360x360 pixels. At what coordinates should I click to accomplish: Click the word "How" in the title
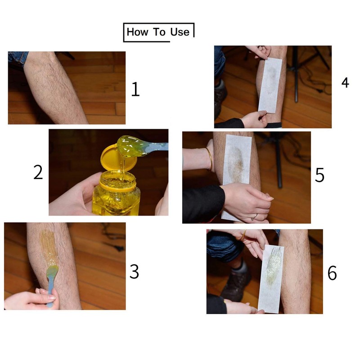pyautogui.click(x=137, y=32)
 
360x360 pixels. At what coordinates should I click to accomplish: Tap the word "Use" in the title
pyautogui.click(x=180, y=32)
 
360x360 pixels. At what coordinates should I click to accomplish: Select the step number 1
pyautogui.click(x=135, y=89)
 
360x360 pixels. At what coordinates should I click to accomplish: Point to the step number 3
pyautogui.click(x=134, y=271)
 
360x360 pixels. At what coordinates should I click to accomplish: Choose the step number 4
pyautogui.click(x=345, y=82)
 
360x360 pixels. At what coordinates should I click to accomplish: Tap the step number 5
pyautogui.click(x=319, y=175)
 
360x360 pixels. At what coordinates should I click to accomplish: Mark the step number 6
pyautogui.click(x=332, y=273)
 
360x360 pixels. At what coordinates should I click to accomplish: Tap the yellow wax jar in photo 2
pyautogui.click(x=116, y=193)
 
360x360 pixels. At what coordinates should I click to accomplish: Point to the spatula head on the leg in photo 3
pyautogui.click(x=52, y=271)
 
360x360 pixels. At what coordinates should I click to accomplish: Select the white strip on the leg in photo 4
pyautogui.click(x=270, y=85)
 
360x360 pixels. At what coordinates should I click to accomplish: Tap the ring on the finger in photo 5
pyautogui.click(x=255, y=217)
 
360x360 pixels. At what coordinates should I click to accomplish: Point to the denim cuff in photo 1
pyautogui.click(x=18, y=58)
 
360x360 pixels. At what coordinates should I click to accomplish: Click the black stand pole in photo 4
pyautogui.click(x=296, y=74)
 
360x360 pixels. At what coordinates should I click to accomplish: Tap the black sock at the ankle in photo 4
pyautogui.click(x=274, y=125)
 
